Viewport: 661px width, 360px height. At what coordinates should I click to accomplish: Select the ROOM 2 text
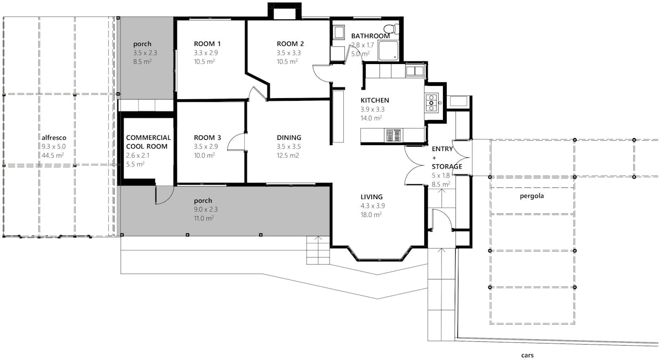point(290,44)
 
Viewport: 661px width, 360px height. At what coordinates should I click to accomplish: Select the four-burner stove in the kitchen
point(393,135)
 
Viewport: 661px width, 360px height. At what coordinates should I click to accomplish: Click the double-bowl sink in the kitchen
point(414,70)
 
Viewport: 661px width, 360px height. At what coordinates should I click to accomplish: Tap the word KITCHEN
point(375,100)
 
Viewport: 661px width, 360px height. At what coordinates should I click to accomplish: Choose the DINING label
point(289,138)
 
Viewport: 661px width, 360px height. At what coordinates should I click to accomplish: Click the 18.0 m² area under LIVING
point(371,215)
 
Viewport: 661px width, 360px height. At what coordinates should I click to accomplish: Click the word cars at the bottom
point(527,355)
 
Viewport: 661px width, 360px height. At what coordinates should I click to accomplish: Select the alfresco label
point(54,137)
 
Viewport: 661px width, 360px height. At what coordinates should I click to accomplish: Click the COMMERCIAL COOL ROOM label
point(148,142)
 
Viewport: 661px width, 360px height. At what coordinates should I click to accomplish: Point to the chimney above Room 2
point(285,12)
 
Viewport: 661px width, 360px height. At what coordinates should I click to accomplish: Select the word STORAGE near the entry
point(446,166)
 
